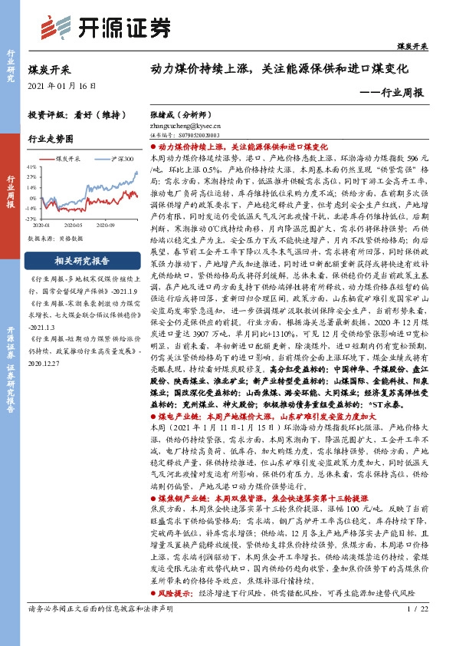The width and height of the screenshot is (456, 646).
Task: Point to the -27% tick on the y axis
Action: pos(32,218)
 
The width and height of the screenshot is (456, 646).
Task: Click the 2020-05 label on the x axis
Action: pos(74,226)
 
